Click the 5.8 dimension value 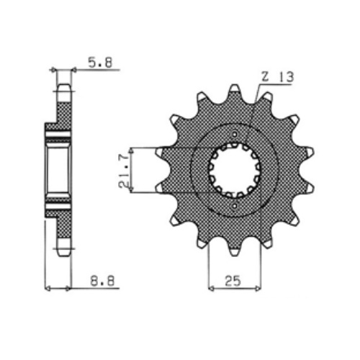(100, 63)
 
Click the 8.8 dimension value (102, 280)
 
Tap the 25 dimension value (233, 281)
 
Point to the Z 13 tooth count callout (277, 77)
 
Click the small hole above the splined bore (235, 134)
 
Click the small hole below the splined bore (235, 205)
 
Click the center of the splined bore (235, 170)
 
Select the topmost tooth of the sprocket (235, 91)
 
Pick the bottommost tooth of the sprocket (235, 248)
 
